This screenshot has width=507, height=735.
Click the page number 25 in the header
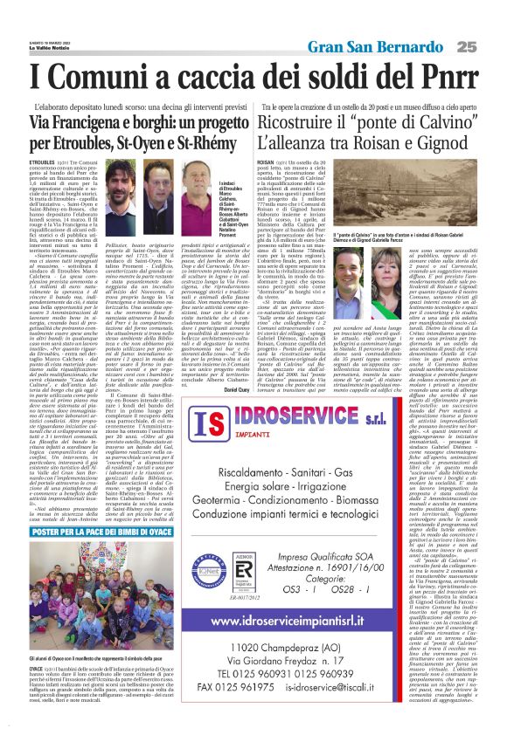coord(490,46)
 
